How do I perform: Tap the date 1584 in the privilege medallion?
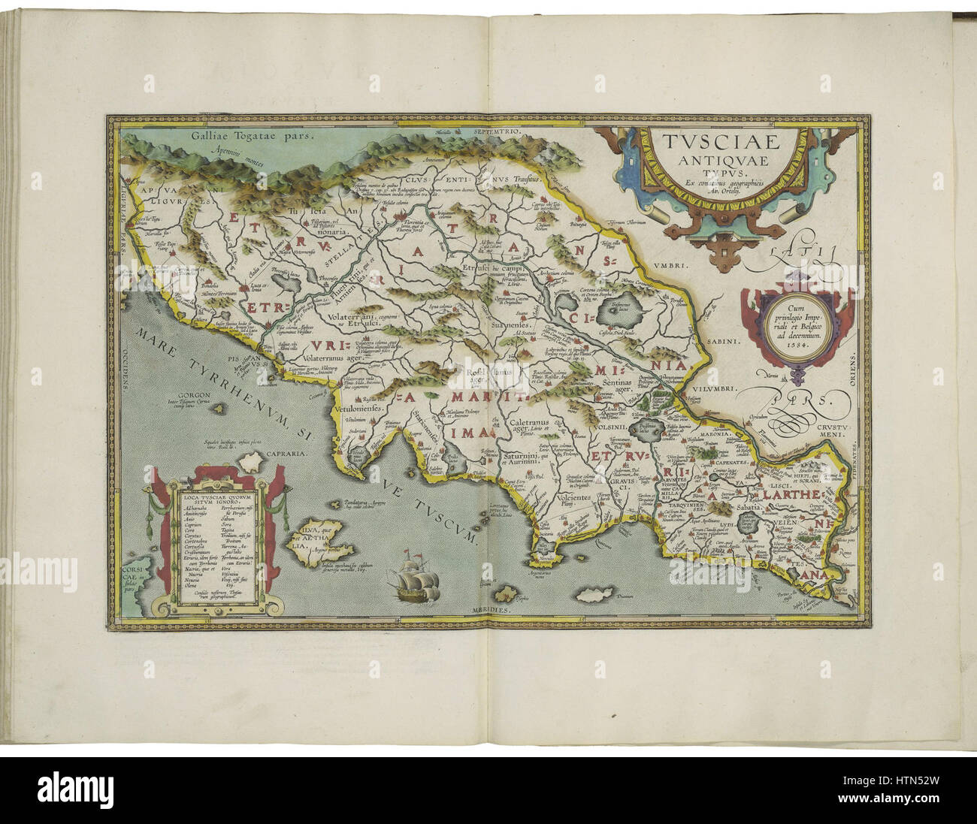point(795,347)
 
